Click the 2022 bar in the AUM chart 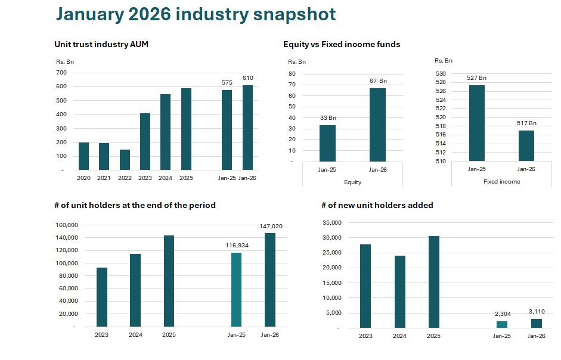(125, 160)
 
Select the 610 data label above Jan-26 (248, 78)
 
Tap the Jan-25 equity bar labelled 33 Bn (327, 143)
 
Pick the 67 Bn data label (378, 81)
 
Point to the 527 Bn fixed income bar (476, 123)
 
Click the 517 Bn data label (526, 123)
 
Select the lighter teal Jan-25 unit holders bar (236, 290)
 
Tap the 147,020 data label (271, 226)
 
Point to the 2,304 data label (502, 314)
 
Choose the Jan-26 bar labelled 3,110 (536, 323)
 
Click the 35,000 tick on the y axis (330, 223)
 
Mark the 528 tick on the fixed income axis (440, 82)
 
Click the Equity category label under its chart (352, 182)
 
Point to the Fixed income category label (501, 182)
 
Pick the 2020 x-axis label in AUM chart (83, 178)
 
